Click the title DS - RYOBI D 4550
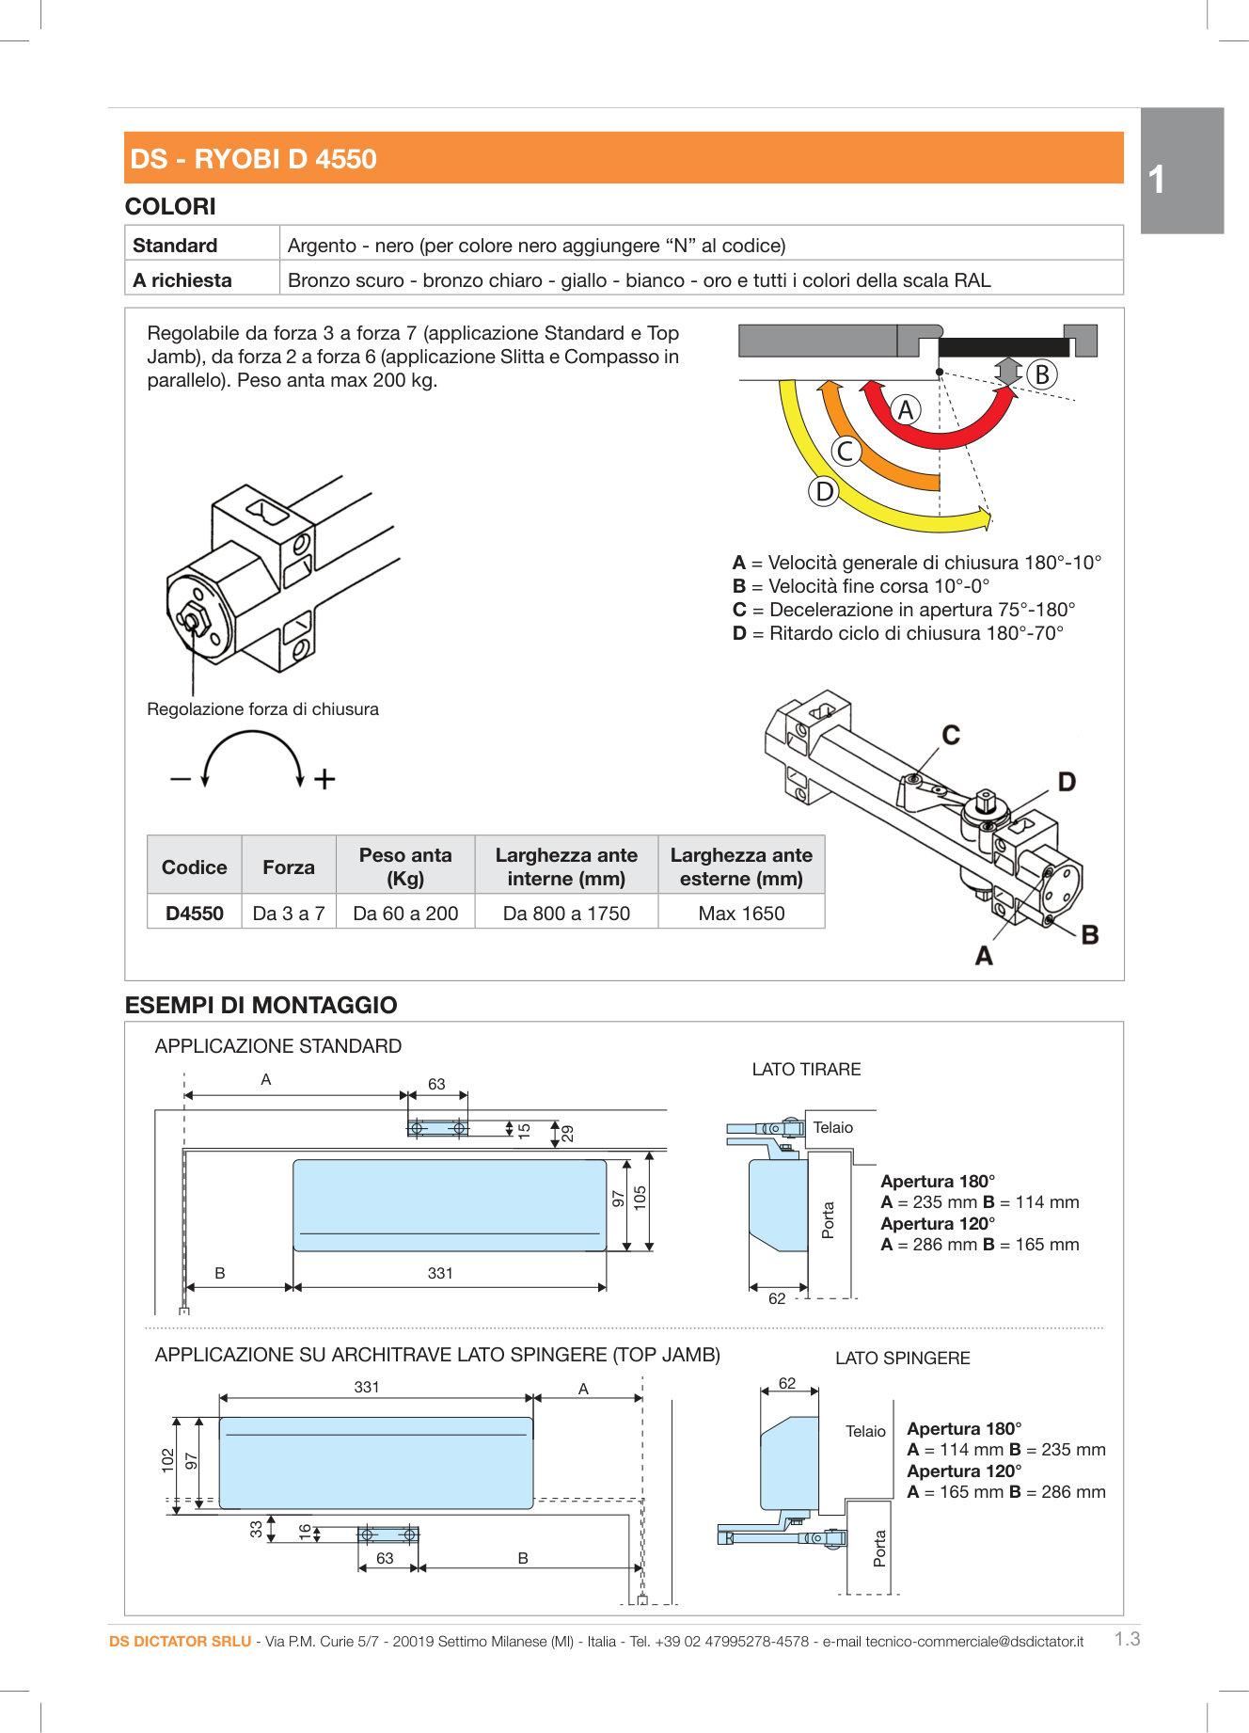coord(253,159)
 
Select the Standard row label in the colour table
coord(175,246)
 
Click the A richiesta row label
coord(182,280)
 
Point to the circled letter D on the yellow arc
coord(824,491)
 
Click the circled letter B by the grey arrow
coord(1041,374)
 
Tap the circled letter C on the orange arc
coord(846,451)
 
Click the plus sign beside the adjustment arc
coord(324,779)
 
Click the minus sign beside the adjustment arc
coord(181,779)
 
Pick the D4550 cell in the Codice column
coord(195,914)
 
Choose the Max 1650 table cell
coord(741,914)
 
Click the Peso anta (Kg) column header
coord(405,866)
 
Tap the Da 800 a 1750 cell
coord(566,914)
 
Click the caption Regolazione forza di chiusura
coord(262,709)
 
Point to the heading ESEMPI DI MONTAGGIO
coord(261,1005)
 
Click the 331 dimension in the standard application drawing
coord(440,1273)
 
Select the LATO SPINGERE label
coord(902,1359)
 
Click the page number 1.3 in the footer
coord(1127,1639)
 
